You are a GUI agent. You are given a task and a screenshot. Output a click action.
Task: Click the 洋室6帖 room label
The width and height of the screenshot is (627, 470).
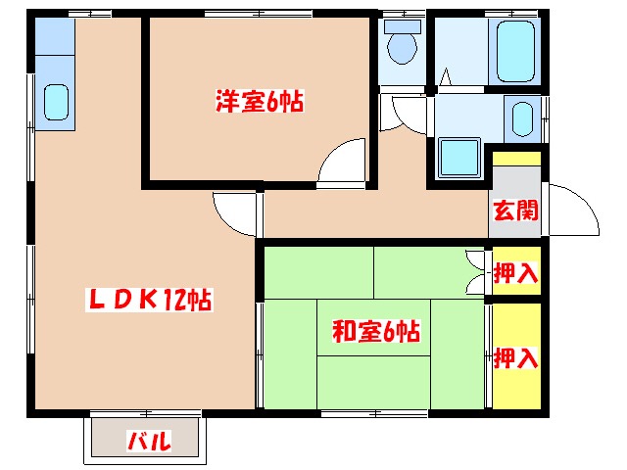click(x=259, y=100)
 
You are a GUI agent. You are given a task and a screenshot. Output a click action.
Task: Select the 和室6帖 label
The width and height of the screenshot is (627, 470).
click(x=376, y=331)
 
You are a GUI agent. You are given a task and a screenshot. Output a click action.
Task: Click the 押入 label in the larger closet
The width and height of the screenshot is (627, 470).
click(x=515, y=357)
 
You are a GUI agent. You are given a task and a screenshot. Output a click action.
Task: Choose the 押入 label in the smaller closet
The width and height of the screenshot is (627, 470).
click(x=515, y=273)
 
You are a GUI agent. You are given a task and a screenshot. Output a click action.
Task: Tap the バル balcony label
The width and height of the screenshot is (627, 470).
click(x=150, y=442)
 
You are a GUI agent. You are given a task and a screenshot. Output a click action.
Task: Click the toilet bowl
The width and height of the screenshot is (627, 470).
click(x=402, y=45)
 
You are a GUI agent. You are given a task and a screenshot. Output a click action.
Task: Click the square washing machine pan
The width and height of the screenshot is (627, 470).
click(x=458, y=159)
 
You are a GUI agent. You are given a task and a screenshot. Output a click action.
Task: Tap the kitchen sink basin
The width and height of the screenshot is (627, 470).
click(x=57, y=102)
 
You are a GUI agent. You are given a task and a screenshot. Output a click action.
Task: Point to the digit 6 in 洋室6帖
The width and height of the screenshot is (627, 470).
click(x=271, y=100)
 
